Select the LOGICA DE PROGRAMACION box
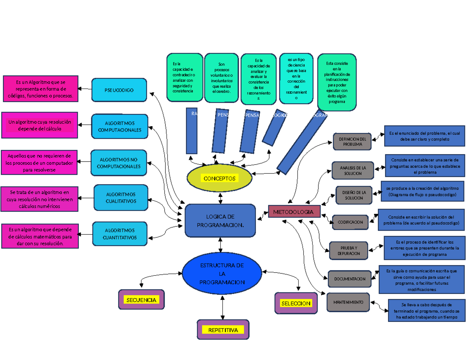[220, 221]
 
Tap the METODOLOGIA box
[294, 212]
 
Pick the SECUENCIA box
[141, 299]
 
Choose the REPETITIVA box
[223, 330]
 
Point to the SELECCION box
[296, 303]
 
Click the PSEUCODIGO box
[119, 90]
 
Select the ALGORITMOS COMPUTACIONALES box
[120, 126]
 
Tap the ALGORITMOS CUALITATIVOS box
[121, 197]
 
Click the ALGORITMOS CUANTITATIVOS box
[120, 233]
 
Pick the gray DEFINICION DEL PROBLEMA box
[352, 141]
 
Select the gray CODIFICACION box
[350, 222]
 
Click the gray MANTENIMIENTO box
[348, 302]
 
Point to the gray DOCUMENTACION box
[349, 278]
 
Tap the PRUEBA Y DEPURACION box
[348, 250]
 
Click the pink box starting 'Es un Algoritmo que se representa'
[40, 89]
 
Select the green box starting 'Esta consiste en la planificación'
[336, 82]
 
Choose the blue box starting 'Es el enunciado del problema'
[424, 136]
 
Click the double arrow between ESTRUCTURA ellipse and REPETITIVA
[222, 307]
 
